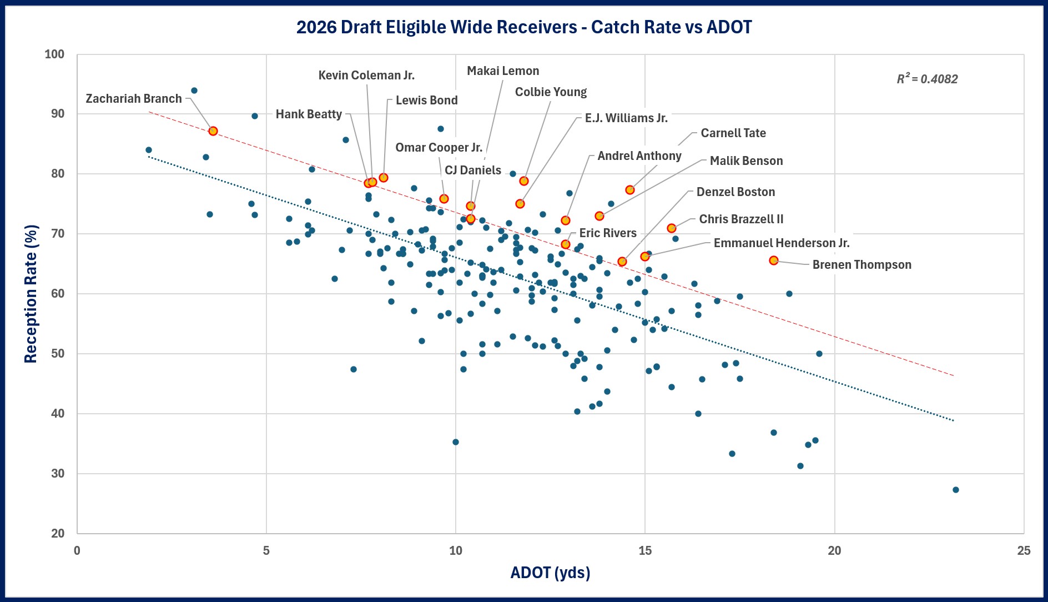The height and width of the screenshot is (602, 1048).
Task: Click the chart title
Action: [x=523, y=27]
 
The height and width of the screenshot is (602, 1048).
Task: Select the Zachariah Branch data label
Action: [x=134, y=99]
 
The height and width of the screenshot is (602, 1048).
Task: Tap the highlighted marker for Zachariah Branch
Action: [x=213, y=131]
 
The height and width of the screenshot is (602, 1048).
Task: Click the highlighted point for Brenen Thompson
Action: [x=774, y=260]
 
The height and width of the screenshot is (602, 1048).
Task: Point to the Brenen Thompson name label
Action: [x=861, y=265]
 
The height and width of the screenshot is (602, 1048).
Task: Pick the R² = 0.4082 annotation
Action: [x=927, y=79]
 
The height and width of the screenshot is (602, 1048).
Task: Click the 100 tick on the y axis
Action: [x=54, y=54]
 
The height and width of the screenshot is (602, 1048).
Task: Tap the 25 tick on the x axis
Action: [x=1024, y=550]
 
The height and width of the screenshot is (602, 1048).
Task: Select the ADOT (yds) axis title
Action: [x=550, y=573]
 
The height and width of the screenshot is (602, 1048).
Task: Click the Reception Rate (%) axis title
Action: [x=31, y=294]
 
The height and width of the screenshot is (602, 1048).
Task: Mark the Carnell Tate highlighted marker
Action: [x=630, y=190]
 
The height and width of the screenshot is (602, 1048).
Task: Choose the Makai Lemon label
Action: [x=503, y=71]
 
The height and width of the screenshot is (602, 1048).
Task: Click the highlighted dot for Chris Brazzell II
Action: [x=672, y=228]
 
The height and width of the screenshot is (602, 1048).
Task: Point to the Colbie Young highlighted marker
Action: [x=524, y=181]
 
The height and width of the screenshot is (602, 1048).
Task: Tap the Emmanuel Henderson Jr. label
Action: [x=781, y=243]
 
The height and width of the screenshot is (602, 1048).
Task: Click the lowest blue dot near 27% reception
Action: [x=956, y=490]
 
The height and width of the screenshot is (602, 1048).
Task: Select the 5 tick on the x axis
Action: [x=266, y=550]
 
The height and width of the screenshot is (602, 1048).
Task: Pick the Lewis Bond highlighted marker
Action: [x=384, y=178]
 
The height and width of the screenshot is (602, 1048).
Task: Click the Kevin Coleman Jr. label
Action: [x=366, y=76]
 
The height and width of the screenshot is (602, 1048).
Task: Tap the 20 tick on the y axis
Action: [x=58, y=533]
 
